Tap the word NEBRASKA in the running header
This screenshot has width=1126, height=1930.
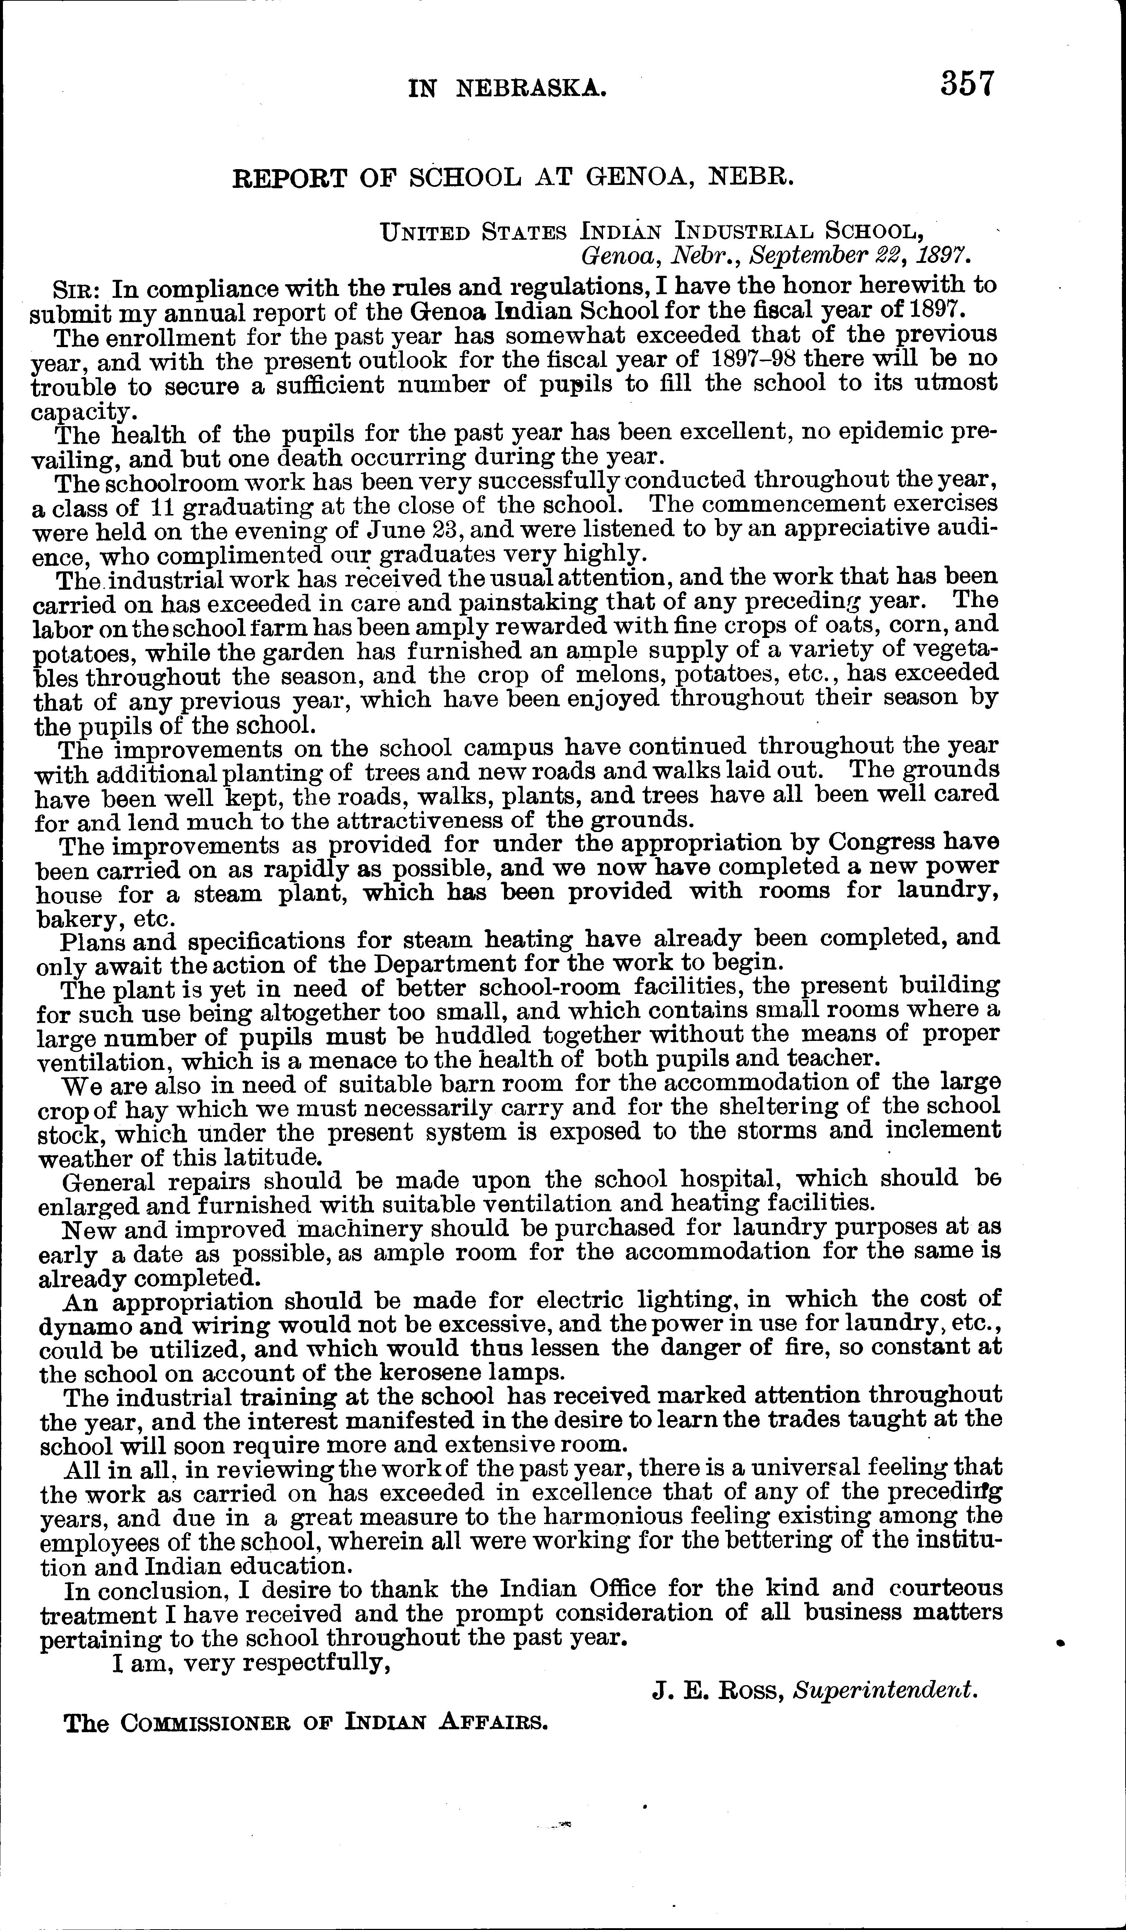coord(532,90)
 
